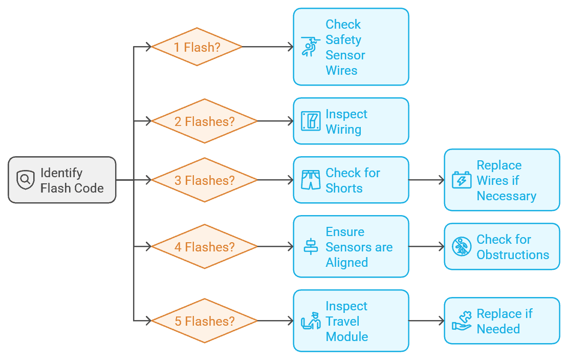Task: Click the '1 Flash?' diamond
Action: click(196, 47)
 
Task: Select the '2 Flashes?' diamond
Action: click(204, 121)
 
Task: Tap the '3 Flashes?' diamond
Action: click(204, 180)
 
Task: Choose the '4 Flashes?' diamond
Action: click(204, 246)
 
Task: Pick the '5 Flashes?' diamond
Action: click(204, 321)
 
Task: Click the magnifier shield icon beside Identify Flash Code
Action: click(26, 179)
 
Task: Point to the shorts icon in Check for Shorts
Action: click(311, 180)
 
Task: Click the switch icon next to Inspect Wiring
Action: click(311, 121)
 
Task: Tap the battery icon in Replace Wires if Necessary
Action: click(462, 180)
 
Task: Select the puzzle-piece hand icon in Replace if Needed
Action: click(462, 321)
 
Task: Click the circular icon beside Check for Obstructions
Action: click(462, 246)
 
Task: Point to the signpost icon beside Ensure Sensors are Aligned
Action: click(311, 246)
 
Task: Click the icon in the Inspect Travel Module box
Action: click(311, 321)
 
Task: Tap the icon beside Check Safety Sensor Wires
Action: click(311, 47)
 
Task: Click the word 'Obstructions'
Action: click(513, 255)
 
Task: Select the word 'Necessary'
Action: click(507, 196)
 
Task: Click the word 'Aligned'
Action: click(346, 263)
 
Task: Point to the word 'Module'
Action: click(346, 336)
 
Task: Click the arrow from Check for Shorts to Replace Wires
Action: click(427, 180)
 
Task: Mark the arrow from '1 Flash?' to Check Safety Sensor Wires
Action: click(268, 47)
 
